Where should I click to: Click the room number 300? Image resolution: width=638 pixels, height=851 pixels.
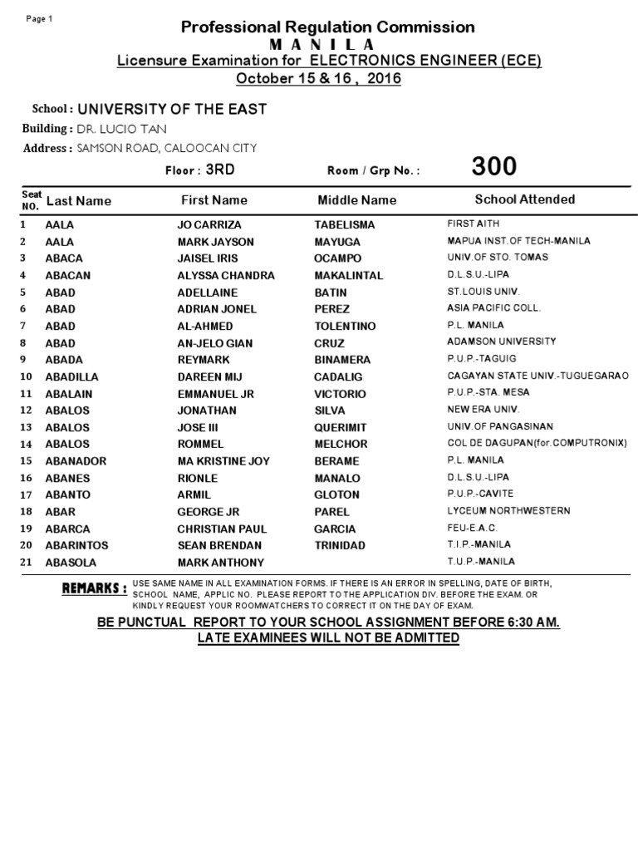click(x=493, y=167)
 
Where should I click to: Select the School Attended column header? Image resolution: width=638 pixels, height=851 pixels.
click(x=524, y=199)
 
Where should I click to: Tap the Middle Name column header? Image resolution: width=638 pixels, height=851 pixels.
click(x=357, y=200)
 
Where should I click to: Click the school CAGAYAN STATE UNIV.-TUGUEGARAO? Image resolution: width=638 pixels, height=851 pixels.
click(x=537, y=376)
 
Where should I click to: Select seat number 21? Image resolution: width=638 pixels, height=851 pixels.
click(x=26, y=563)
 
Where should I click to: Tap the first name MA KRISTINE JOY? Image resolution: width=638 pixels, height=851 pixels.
click(x=224, y=461)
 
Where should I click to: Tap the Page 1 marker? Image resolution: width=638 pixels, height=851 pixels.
click(x=40, y=19)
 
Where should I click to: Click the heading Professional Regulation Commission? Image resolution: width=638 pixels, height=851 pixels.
click(x=327, y=27)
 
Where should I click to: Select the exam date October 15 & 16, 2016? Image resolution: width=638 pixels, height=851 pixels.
click(x=319, y=79)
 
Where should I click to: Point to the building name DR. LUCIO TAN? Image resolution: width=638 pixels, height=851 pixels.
click(x=121, y=129)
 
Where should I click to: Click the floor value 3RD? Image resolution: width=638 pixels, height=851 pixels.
click(x=221, y=169)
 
